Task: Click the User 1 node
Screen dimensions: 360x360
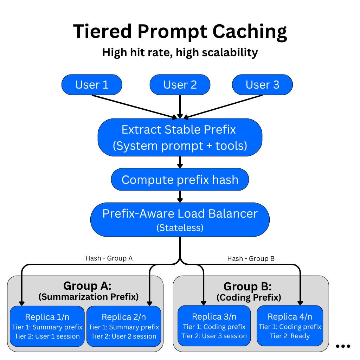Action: pyautogui.click(x=92, y=85)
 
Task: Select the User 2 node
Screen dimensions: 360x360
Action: pyautogui.click(x=180, y=85)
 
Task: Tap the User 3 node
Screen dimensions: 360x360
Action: pyautogui.click(x=262, y=85)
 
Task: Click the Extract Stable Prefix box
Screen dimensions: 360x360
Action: pyautogui.click(x=180, y=137)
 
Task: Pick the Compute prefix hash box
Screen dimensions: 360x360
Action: pyautogui.click(x=180, y=180)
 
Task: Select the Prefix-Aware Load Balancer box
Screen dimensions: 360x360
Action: pyautogui.click(x=180, y=219)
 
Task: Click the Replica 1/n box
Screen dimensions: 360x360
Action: pyautogui.click(x=47, y=326)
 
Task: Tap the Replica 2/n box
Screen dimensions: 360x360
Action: pyautogui.click(x=124, y=326)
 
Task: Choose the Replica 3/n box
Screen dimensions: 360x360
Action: pyautogui.click(x=214, y=326)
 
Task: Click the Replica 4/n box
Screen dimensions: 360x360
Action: pyautogui.click(x=290, y=326)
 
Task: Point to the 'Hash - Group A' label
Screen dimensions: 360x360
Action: pyautogui.click(x=109, y=258)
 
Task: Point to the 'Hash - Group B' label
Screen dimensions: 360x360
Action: pyautogui.click(x=251, y=259)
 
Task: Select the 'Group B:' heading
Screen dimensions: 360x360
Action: pyautogui.click(x=248, y=286)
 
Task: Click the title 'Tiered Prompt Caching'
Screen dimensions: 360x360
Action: pyautogui.click(x=180, y=32)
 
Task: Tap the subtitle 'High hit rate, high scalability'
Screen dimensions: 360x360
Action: pyautogui.click(x=180, y=53)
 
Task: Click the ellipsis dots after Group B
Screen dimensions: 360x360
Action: pyautogui.click(x=343, y=346)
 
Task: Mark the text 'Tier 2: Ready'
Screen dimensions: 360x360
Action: pyautogui.click(x=290, y=336)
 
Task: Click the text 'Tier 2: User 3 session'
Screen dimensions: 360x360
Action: pyautogui.click(x=214, y=336)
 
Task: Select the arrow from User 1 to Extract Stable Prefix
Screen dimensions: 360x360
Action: pyautogui.click(x=137, y=107)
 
